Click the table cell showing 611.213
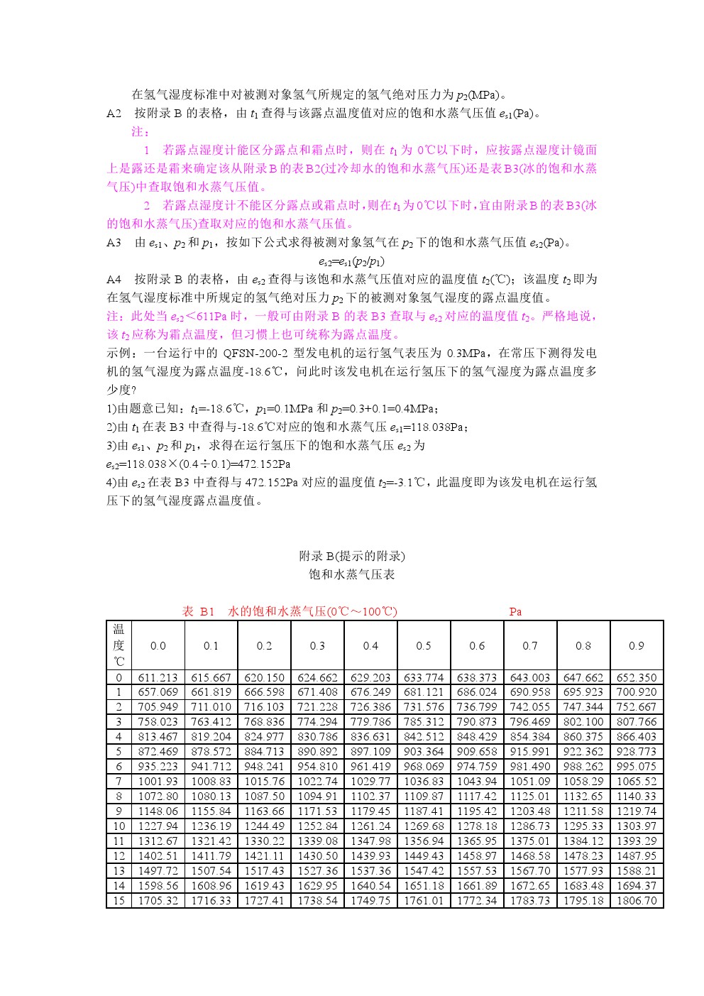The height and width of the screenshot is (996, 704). (158, 677)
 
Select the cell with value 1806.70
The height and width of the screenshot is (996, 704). (637, 900)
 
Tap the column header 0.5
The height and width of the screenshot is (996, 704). (424, 645)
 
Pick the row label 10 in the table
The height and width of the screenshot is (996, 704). (119, 826)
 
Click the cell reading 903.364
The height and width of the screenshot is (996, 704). (424, 751)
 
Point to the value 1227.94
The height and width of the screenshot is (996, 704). (158, 826)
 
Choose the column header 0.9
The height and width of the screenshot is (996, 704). (637, 645)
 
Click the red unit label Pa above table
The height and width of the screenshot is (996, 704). (515, 611)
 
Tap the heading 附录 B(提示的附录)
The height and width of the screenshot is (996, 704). (352, 556)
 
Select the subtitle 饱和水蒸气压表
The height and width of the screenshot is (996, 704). (352, 574)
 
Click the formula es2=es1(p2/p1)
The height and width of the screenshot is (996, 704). (352, 261)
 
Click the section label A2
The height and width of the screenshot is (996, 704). (114, 113)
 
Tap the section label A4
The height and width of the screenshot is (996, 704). (114, 279)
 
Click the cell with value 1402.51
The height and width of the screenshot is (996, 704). (158, 855)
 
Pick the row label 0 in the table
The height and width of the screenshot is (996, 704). (119, 677)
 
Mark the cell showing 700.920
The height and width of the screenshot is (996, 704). (637, 691)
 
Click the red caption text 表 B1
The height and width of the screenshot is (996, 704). (198, 611)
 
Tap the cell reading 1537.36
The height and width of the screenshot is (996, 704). (370, 870)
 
